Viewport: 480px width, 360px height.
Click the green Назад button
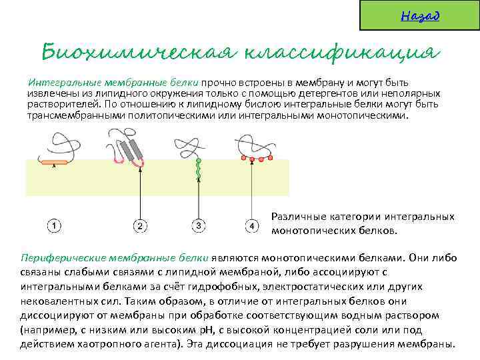click(419, 15)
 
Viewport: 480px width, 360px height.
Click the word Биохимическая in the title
click(137, 51)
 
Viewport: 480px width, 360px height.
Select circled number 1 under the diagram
click(54, 227)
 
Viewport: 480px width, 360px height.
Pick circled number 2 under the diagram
click(139, 227)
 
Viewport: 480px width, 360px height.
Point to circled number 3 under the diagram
click(198, 227)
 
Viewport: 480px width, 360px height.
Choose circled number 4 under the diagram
click(251, 227)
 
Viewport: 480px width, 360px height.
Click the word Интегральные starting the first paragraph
click(57, 83)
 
